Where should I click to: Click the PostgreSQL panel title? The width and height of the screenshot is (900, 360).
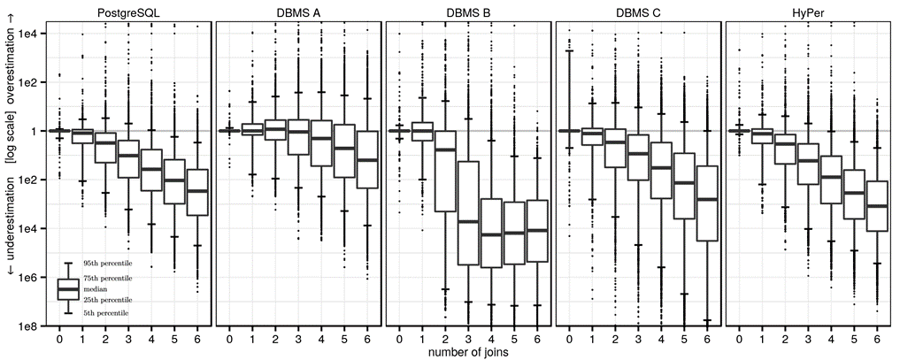coord(127,11)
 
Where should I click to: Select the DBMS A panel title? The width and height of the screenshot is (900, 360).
coord(297,11)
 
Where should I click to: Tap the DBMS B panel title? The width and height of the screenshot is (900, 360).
coord(467,11)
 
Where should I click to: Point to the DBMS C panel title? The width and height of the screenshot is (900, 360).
coord(637,11)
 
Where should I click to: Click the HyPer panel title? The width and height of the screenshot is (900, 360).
coord(807,11)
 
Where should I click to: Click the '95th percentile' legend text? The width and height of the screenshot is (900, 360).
coord(107,264)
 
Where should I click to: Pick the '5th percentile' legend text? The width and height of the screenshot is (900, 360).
coord(105,312)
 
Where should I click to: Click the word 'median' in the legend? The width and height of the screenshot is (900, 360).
coord(95,288)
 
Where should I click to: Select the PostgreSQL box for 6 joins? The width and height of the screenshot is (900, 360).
coord(196,192)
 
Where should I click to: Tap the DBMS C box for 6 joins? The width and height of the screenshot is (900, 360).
coord(706,203)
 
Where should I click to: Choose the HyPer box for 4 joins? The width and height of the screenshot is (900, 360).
coord(830,180)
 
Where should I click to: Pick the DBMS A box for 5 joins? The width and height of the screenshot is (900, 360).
coord(344,150)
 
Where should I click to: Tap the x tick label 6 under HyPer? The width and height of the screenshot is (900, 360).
coord(876,339)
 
